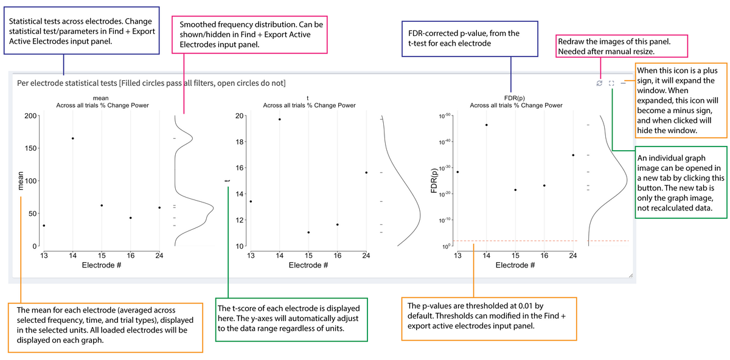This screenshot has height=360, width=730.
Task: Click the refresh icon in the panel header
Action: (599, 83)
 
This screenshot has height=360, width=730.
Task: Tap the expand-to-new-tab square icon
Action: (611, 83)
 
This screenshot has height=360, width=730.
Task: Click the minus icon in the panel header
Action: (624, 83)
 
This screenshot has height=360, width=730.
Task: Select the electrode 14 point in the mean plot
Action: (73, 139)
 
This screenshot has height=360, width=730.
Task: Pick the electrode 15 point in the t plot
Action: (308, 232)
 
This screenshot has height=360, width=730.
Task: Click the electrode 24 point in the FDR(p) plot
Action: (573, 155)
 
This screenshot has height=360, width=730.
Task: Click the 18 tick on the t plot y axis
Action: (239, 142)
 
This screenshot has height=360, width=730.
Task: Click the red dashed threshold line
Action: (535, 241)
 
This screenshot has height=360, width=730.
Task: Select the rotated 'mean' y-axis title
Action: (21, 181)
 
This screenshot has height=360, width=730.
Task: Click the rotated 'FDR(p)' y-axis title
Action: (434, 181)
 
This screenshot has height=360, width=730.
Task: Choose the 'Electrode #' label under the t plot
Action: (308, 265)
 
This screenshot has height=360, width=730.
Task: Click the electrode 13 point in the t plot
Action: (251, 201)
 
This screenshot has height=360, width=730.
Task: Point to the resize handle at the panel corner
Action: (630, 277)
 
